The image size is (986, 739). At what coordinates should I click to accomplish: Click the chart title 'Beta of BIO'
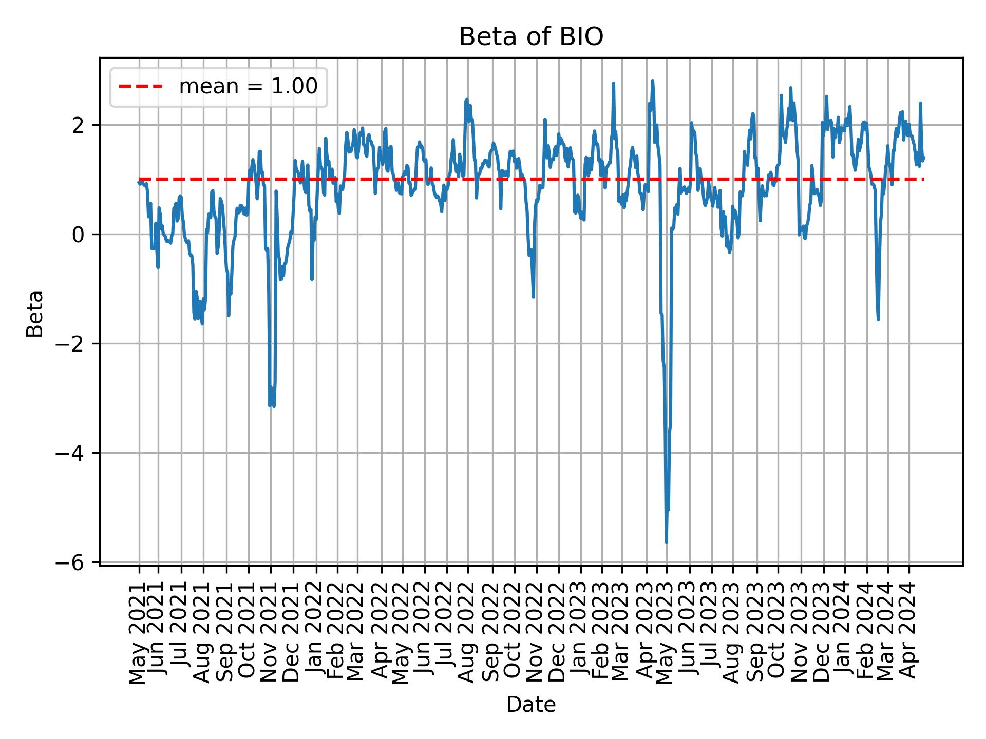pyautogui.click(x=530, y=37)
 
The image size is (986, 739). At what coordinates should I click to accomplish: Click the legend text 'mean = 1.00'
pyautogui.click(x=248, y=87)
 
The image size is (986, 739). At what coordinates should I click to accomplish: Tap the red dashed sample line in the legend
pyautogui.click(x=140, y=87)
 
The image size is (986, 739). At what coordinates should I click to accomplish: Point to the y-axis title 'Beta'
pyautogui.click(x=35, y=313)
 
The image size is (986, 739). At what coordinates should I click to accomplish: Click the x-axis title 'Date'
pyautogui.click(x=530, y=705)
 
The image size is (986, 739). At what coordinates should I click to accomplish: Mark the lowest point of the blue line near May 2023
pyautogui.click(x=666, y=542)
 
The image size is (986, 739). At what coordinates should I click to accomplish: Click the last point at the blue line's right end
pyautogui.click(x=923, y=158)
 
